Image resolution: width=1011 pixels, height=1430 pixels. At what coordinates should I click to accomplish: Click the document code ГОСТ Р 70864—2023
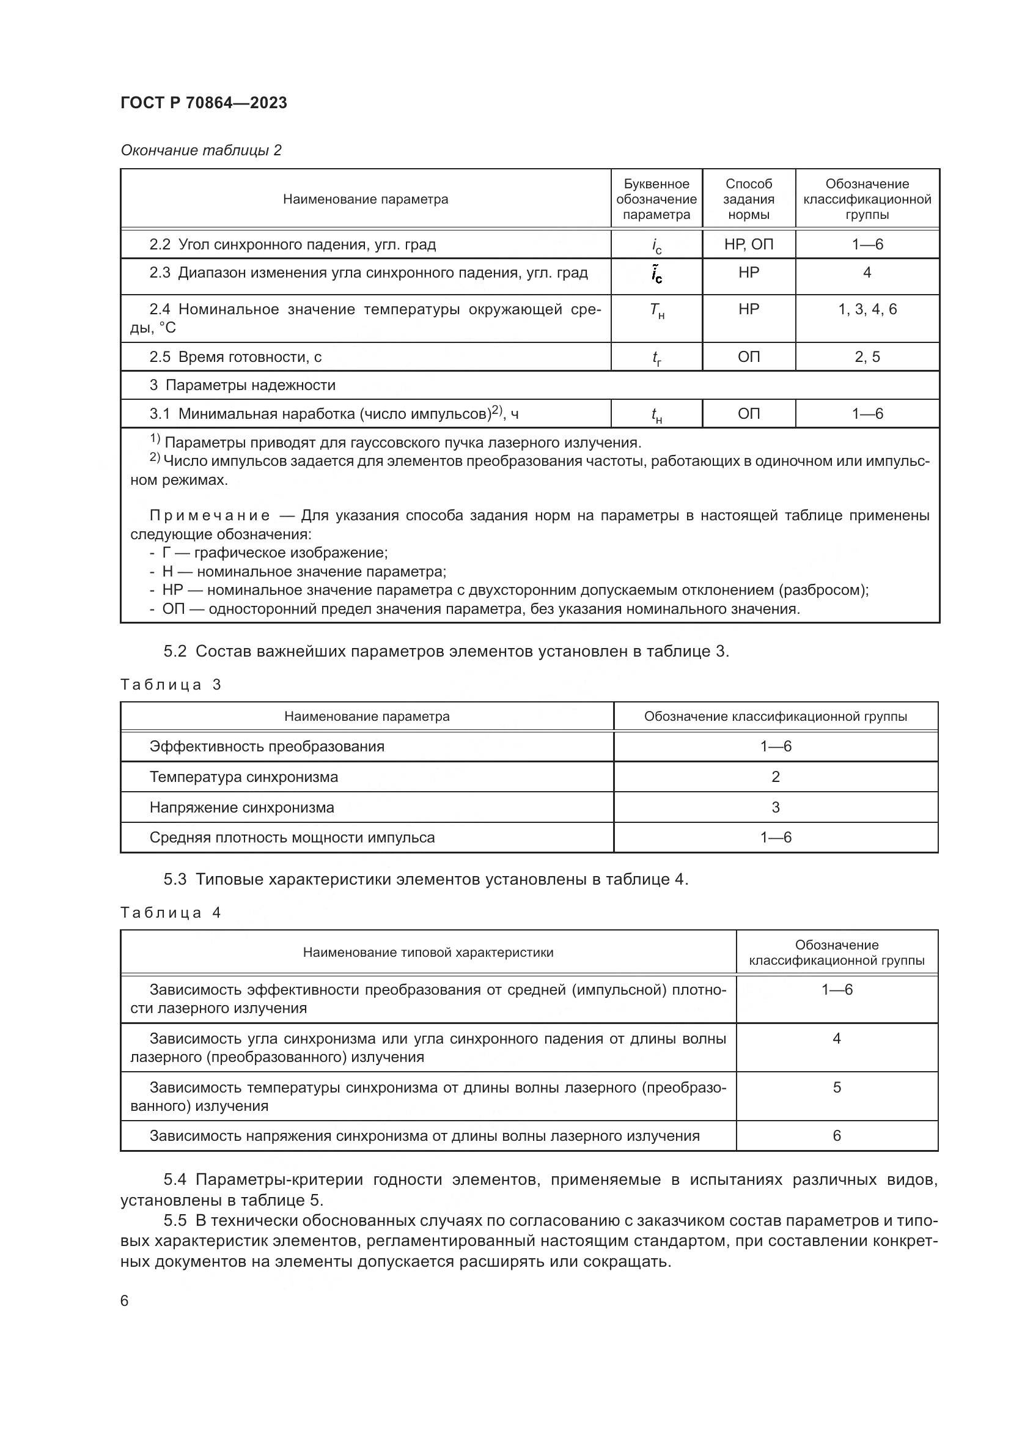click(x=204, y=103)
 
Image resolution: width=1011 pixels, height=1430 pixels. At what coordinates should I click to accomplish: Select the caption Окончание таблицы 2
click(x=201, y=150)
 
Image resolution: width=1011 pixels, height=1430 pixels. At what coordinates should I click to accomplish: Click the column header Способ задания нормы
click(x=748, y=199)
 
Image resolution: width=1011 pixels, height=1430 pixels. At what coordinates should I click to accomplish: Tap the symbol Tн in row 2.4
click(x=656, y=311)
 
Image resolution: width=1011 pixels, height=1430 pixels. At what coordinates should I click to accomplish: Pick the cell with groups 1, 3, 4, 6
click(x=867, y=309)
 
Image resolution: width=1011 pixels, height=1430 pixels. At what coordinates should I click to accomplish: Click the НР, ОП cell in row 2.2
click(x=748, y=244)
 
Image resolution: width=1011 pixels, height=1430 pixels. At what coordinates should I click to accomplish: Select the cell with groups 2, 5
click(x=867, y=357)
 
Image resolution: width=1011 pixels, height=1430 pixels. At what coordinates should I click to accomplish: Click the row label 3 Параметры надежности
click(x=242, y=385)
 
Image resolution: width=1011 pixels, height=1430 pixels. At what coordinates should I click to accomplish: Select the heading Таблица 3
click(x=171, y=685)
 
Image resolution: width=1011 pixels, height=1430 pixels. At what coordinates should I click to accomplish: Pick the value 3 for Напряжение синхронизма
click(x=775, y=807)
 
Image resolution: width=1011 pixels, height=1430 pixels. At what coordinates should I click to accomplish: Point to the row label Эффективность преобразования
click(x=267, y=746)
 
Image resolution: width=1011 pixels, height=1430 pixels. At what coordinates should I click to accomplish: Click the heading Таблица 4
click(x=171, y=912)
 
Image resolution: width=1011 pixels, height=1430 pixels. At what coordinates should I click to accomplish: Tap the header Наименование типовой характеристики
click(x=428, y=953)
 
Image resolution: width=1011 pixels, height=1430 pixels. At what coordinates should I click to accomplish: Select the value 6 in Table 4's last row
click(x=836, y=1135)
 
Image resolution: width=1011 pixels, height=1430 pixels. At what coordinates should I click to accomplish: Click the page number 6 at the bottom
click(x=125, y=1300)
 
